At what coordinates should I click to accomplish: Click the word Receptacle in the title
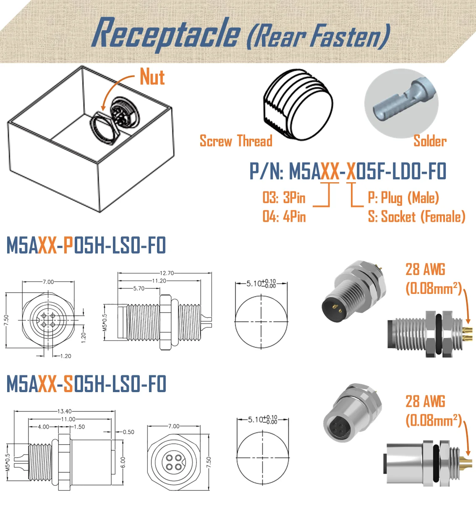166,34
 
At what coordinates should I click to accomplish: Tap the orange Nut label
152,77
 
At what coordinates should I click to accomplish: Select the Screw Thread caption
235,141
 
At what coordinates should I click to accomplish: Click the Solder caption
430,141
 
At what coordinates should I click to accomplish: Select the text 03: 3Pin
284,198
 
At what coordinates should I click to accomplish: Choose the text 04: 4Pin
284,217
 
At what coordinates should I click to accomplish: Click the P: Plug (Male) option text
403,198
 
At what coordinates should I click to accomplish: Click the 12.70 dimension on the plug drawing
167,273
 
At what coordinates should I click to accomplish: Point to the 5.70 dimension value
139,288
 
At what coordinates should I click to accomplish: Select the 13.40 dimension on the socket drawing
64,411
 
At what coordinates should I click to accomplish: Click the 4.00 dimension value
43,427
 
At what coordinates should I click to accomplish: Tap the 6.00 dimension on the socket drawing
123,462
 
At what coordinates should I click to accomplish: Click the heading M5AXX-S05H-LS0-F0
86,384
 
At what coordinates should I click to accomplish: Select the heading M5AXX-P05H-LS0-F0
86,246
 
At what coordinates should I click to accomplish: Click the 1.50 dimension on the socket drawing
79,427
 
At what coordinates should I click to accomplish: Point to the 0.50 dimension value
128,432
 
